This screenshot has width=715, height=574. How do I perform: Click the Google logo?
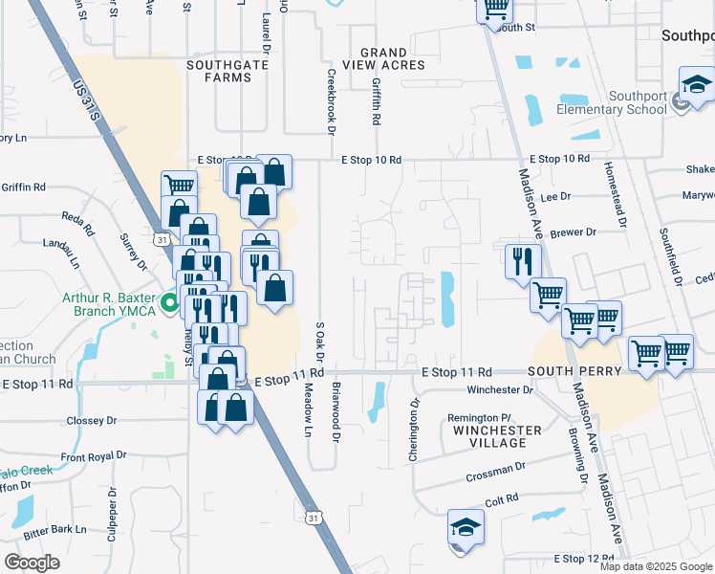(x=32, y=563)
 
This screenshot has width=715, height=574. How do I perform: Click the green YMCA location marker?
(x=170, y=306)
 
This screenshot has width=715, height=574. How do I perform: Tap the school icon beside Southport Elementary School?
(x=696, y=85)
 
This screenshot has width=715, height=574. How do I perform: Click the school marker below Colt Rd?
(x=466, y=528)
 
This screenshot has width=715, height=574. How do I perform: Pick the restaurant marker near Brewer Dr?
(x=523, y=261)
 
